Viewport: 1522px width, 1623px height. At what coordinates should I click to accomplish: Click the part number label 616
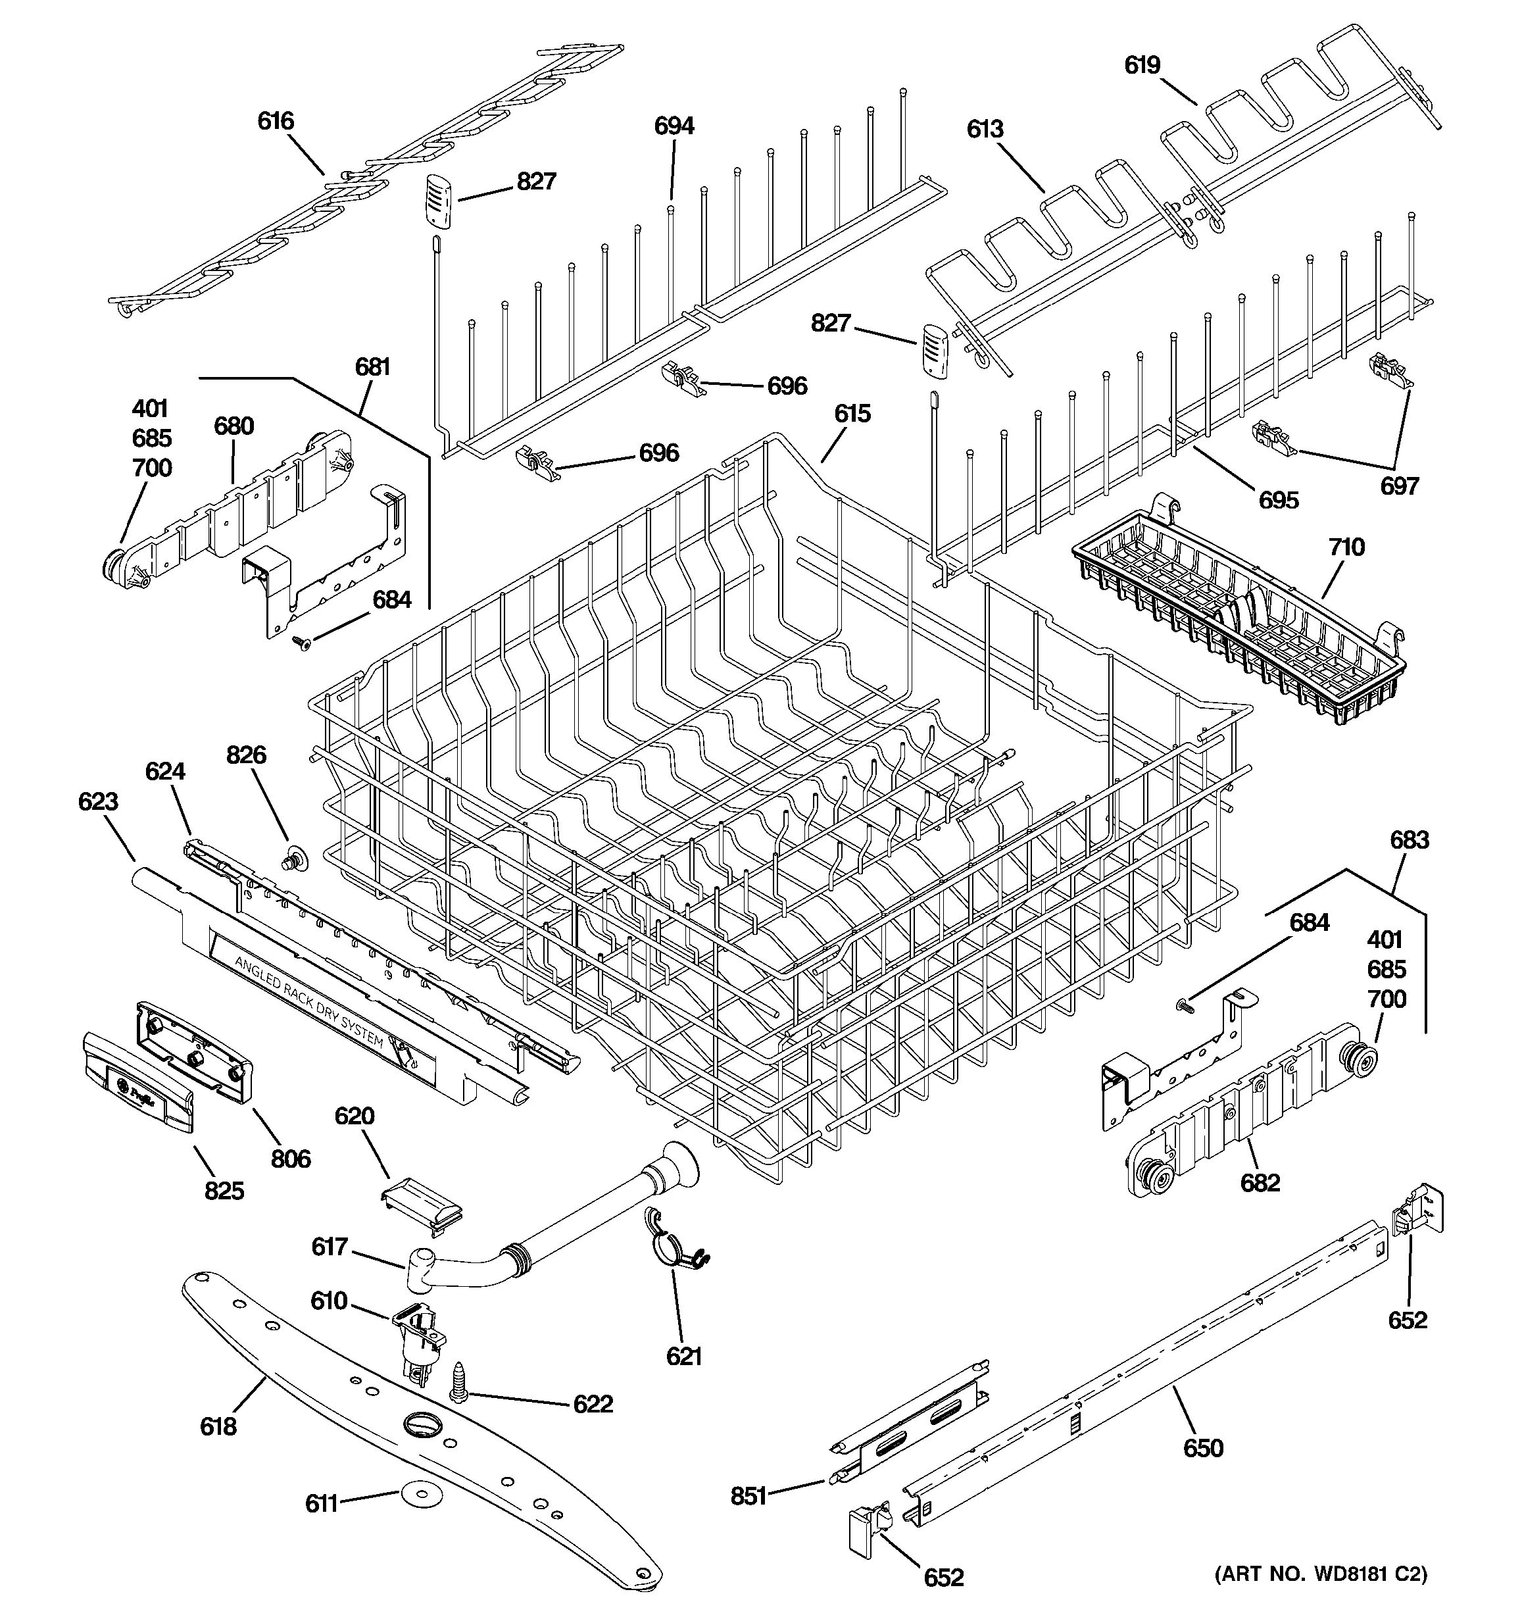point(275,121)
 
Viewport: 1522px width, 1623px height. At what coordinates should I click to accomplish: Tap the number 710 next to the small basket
point(1346,546)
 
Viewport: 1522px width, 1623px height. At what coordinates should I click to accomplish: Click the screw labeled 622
point(458,1383)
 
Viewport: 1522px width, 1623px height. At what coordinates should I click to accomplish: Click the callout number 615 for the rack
point(852,413)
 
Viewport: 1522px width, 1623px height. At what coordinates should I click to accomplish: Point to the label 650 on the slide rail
point(1203,1448)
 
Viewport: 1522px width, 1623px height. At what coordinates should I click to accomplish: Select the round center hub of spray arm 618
point(422,1424)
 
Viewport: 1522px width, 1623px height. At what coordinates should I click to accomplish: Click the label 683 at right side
point(1410,839)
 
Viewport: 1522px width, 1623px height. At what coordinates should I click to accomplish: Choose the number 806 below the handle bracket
point(291,1158)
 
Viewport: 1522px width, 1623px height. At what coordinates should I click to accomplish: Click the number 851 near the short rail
point(749,1495)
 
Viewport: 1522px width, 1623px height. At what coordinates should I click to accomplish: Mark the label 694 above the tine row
point(674,126)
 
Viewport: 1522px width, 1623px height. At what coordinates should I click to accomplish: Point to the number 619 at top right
point(1142,65)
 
